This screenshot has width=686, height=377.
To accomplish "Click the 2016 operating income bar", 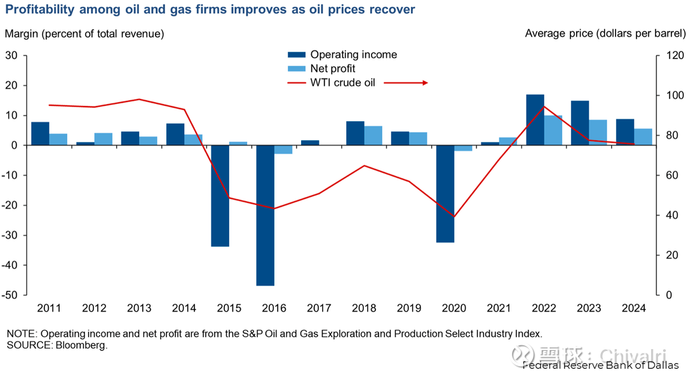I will pos(266,215).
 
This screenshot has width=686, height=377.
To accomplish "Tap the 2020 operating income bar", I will pos(445,194).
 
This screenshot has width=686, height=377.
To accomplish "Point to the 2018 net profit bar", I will pos(373,135).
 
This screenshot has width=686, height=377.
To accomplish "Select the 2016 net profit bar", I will pos(283,150).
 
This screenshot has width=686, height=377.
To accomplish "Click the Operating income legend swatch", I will pos(297,55).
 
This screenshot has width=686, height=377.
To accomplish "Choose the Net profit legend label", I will pos(333,69).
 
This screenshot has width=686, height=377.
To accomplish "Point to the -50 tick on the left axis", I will pos(11,295).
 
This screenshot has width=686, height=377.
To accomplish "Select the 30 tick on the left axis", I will pos(12,55).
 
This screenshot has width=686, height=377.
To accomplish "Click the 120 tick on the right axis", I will pos(672,55).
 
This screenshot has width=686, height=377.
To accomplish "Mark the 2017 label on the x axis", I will pos(319,308).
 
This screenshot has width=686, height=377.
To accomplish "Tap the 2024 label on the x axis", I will pos(633,308).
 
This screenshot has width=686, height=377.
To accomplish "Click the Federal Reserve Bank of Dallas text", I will pos(600,365).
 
